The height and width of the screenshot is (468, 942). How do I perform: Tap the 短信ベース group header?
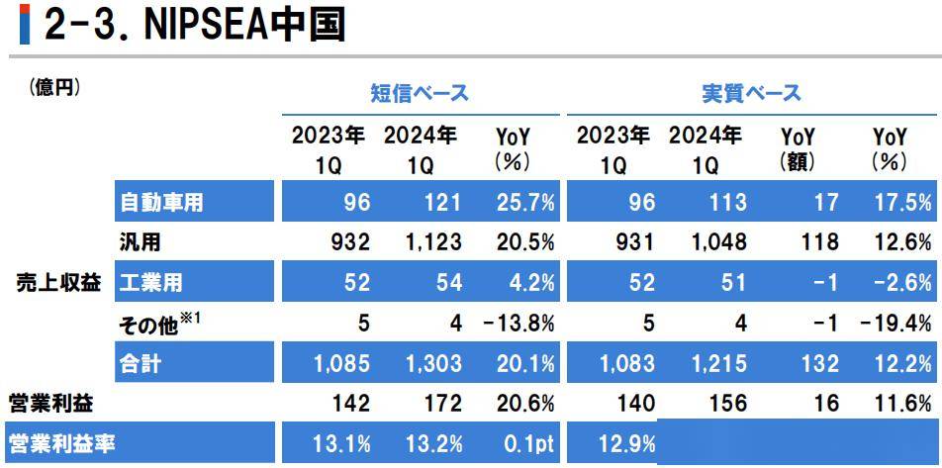[x=419, y=94]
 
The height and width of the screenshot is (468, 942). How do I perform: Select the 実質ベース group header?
[x=751, y=94]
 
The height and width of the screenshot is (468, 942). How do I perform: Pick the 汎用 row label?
[x=140, y=242]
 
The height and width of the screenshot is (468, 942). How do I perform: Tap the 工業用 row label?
[x=150, y=283]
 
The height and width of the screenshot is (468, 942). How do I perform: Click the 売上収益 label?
[x=59, y=283]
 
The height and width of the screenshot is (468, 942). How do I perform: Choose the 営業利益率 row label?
[x=62, y=443]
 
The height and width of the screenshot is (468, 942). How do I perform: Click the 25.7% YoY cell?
[x=524, y=202]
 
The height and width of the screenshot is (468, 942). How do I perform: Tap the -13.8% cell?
[x=518, y=324]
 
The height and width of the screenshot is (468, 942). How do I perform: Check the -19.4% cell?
[x=895, y=324]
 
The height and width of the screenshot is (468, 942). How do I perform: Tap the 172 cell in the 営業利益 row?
[x=442, y=404]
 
